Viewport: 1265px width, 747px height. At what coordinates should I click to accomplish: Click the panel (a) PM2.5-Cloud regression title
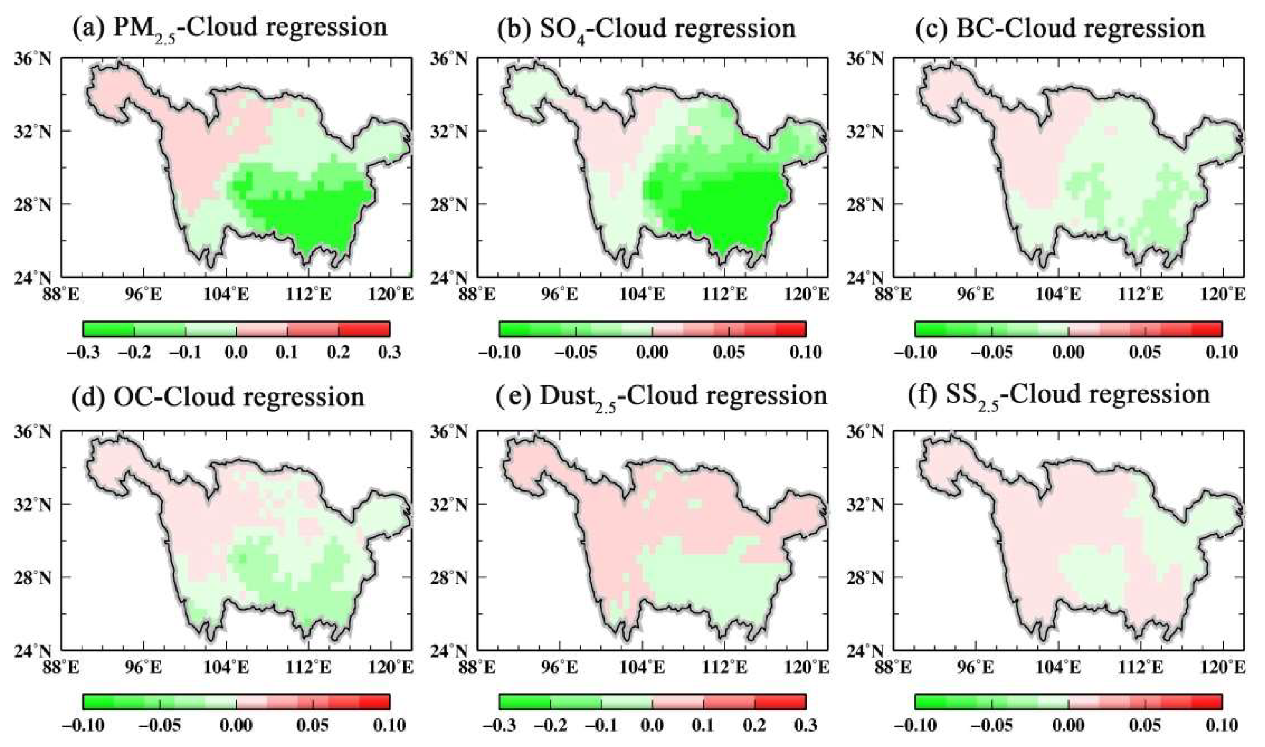pos(230,27)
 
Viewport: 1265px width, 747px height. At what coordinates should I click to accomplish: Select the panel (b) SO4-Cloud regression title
pos(646,27)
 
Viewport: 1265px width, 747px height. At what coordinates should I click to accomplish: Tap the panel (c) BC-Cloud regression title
pos(1060,27)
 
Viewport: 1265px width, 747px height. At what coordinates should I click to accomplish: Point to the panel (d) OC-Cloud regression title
pos(219,397)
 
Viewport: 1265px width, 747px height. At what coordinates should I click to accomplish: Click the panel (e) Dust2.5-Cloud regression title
pos(661,397)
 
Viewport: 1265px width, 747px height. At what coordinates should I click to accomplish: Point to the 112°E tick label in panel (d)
pos(308,667)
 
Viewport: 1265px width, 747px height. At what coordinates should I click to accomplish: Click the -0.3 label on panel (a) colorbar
pos(83,352)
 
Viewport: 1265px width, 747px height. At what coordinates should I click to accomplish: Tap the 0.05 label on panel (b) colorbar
pos(729,352)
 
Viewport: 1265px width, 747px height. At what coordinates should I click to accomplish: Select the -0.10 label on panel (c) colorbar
pos(915,352)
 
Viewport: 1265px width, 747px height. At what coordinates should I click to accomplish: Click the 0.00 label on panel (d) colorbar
pos(236,725)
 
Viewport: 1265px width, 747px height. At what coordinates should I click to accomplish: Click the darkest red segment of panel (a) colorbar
pos(364,329)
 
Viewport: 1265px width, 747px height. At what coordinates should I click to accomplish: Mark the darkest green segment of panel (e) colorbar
pos(524,702)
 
